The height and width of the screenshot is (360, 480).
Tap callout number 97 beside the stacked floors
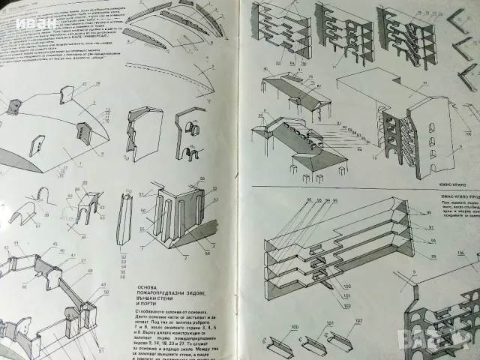[x=410, y=226]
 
